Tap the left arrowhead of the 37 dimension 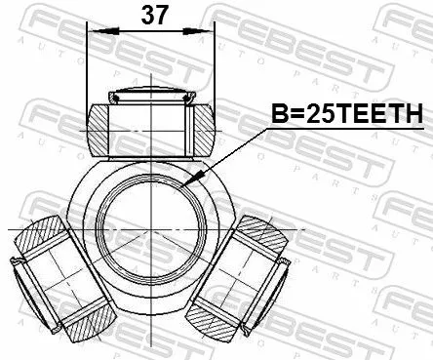pyautogui.click(x=93, y=32)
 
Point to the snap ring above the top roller pyautogui.click(x=150, y=96)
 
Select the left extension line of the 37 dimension pyautogui.click(x=88, y=68)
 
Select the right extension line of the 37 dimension pyautogui.click(x=214, y=68)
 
